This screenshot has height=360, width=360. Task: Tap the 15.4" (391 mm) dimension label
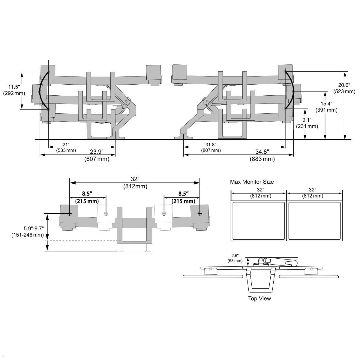point(326,107)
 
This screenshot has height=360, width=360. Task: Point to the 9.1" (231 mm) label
point(307,123)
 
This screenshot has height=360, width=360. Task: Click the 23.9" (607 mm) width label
point(97,155)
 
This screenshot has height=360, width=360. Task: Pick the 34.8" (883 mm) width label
point(262,155)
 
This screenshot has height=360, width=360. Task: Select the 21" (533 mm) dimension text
point(66,147)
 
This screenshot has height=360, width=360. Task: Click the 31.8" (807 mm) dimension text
point(211,147)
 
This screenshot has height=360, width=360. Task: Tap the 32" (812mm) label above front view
point(135,182)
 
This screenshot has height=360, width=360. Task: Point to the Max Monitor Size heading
point(252,182)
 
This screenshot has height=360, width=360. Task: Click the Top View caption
point(259,298)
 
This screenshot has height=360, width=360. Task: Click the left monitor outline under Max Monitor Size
point(258,221)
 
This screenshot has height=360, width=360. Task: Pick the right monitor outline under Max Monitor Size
point(314,221)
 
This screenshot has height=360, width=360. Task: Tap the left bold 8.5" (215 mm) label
point(87,197)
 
